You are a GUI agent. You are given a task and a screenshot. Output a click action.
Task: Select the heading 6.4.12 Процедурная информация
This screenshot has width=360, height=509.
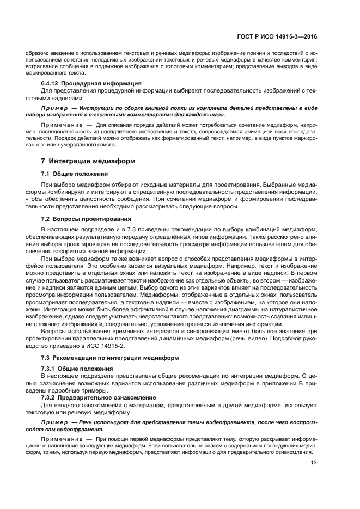83,83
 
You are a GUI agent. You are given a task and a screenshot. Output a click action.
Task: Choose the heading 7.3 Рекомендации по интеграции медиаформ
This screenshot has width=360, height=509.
107,357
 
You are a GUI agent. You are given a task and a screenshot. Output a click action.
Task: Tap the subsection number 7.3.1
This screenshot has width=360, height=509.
51,369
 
